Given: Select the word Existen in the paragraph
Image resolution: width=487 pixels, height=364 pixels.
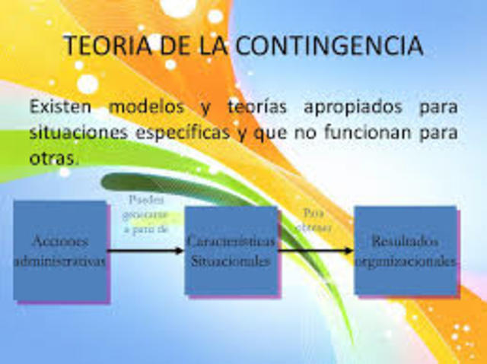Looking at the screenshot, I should pyautogui.click(x=62, y=106).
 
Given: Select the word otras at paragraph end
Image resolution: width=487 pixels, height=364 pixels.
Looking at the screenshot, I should pyautogui.click(x=53, y=158).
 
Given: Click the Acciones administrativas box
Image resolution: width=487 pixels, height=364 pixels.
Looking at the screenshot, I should pyautogui.click(x=60, y=249).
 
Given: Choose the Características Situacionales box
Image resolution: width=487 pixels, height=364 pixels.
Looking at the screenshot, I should pyautogui.click(x=231, y=249).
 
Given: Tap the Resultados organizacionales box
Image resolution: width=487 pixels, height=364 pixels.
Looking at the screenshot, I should pyautogui.click(x=405, y=249).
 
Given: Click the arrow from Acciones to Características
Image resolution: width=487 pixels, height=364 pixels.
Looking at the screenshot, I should pyautogui.click(x=145, y=250).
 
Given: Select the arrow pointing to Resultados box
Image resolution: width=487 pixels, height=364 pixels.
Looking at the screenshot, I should pyautogui.click(x=316, y=250).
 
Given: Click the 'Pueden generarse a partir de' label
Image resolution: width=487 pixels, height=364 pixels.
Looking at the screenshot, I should pyautogui.click(x=146, y=214).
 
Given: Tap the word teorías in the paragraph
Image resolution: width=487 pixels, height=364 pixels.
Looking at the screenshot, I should pyautogui.click(x=256, y=106).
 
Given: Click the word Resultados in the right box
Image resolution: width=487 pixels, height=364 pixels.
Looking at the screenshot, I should pyautogui.click(x=405, y=241).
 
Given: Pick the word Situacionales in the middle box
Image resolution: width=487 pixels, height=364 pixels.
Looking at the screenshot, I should pyautogui.click(x=231, y=260).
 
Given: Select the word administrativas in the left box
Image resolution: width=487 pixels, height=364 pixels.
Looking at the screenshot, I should pyautogui.click(x=60, y=260).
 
